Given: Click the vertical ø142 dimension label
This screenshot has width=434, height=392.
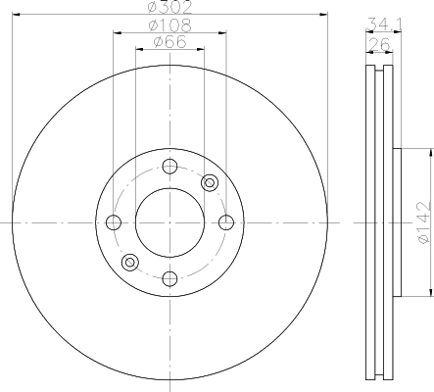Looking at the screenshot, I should pyautogui.click(x=422, y=222).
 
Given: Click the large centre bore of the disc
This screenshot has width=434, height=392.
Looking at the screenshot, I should pyautogui.click(x=169, y=222).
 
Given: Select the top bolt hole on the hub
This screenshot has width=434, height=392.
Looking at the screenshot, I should pyautogui.click(x=169, y=166).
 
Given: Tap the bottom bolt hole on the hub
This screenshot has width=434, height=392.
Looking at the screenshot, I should pyautogui.click(x=169, y=279).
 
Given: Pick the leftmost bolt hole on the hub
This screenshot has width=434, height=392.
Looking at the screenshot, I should pyautogui.click(x=113, y=222).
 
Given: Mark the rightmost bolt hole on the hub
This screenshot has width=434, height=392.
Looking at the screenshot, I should pyautogui.click(x=226, y=222).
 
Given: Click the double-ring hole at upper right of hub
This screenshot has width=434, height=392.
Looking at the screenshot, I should pyautogui.click(x=209, y=182).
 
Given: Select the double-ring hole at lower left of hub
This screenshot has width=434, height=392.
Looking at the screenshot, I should pyautogui.click(x=129, y=262).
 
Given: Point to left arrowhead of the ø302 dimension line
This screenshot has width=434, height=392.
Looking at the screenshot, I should pyautogui.click(x=17, y=15).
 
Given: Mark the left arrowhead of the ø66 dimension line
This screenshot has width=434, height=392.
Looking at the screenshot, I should pyautogui.click(x=138, y=50).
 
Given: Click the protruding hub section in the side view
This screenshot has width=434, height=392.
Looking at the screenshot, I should pyautogui.click(x=396, y=222).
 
